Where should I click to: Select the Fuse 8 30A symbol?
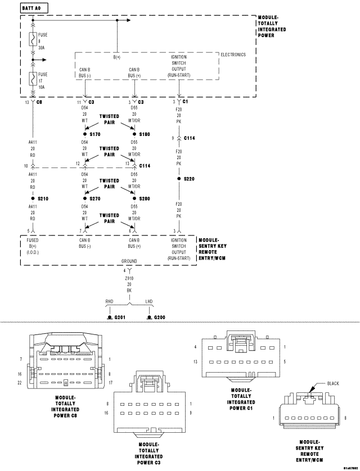pyautogui.click(x=33, y=39)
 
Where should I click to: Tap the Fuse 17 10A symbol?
pyautogui.click(x=33, y=78)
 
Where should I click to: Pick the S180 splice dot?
pyautogui.click(x=134, y=134)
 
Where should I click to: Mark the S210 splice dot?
pyautogui.click(x=33, y=198)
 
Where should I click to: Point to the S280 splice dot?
pyautogui.click(x=134, y=198)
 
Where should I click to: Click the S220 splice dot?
pyautogui.click(x=179, y=179)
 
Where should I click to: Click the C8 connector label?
pyautogui.click(x=39, y=102)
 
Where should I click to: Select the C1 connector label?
pyautogui.click(x=185, y=102)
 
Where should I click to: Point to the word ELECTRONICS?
pyautogui.click(x=233, y=55)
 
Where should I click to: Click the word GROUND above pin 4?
pyautogui.click(x=129, y=261)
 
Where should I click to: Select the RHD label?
pyautogui.click(x=110, y=301)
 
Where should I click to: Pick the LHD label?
pyautogui.click(x=149, y=301)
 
